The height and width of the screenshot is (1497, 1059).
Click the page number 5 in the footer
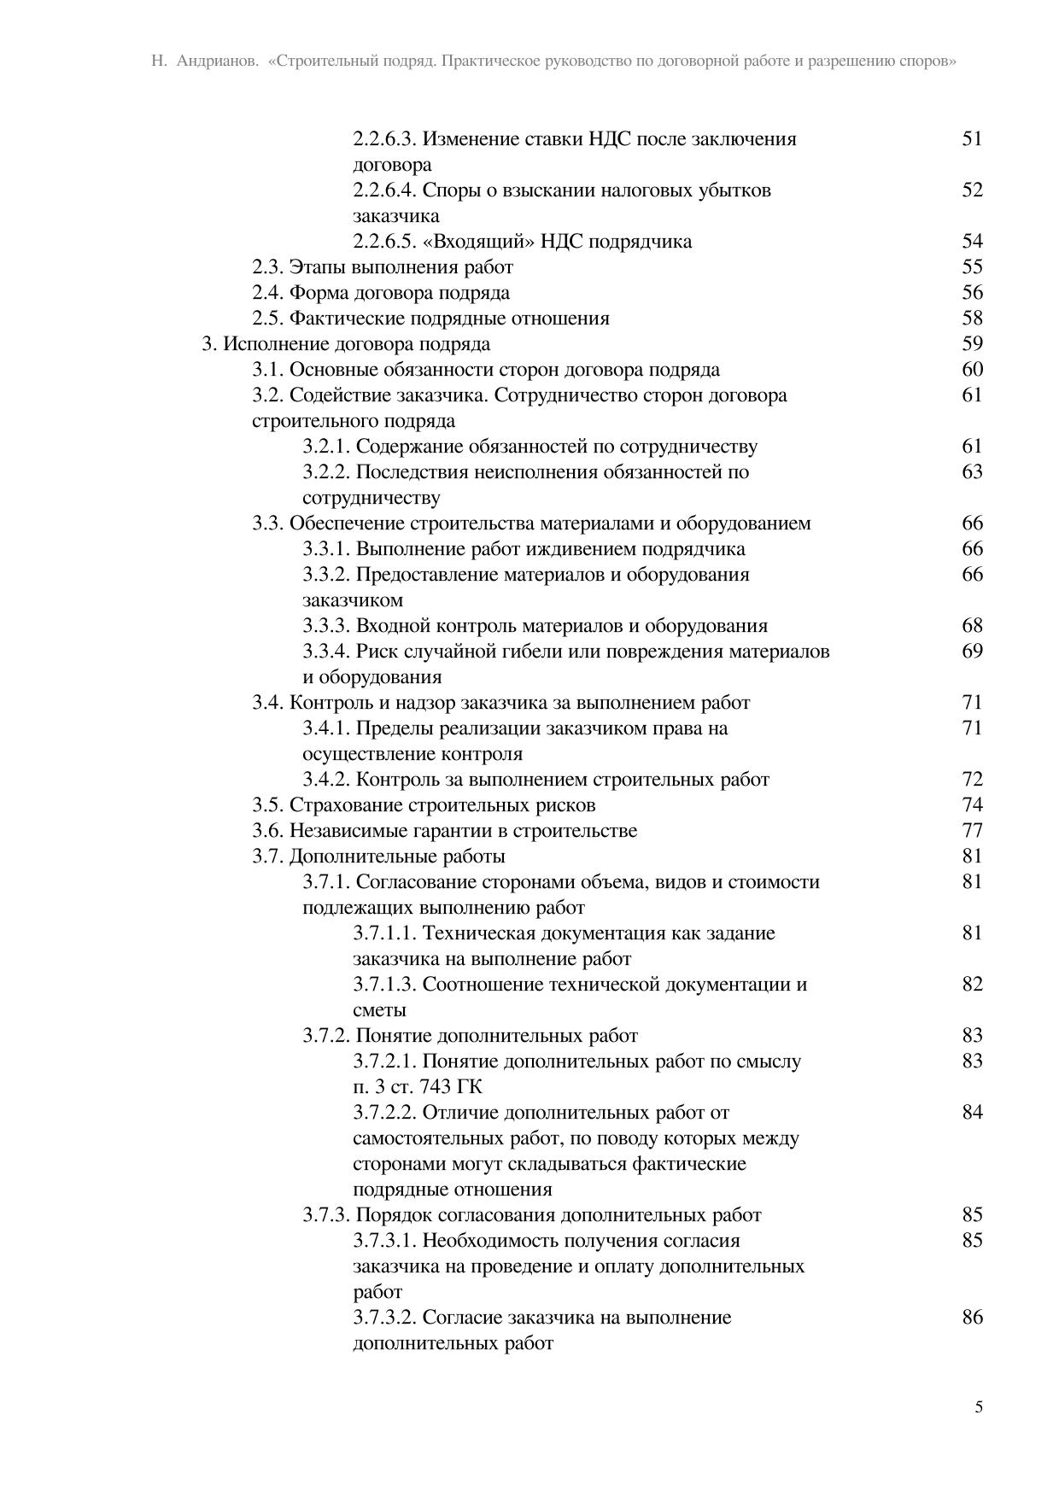tap(978, 1407)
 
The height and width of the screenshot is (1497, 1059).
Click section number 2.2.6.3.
tap(384, 138)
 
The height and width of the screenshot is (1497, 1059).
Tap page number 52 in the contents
tap(972, 190)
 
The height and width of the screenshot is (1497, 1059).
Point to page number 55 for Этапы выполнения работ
tap(972, 266)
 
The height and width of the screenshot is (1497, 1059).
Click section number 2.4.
tap(267, 292)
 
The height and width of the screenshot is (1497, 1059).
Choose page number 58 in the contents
tap(972, 318)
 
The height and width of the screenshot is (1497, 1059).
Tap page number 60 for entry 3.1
tap(972, 369)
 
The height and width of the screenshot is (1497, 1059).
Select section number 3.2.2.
tap(326, 471)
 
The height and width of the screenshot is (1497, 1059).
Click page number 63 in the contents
tap(972, 471)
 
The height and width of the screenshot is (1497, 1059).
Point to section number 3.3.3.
tap(326, 625)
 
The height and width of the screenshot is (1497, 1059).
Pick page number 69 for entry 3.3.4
tap(972, 651)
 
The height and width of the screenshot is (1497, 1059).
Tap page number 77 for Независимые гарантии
tap(972, 830)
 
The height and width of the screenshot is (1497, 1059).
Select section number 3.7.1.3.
tap(384, 984)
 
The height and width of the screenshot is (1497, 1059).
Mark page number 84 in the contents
tap(972, 1112)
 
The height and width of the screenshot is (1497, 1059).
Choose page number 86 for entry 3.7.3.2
tap(972, 1317)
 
